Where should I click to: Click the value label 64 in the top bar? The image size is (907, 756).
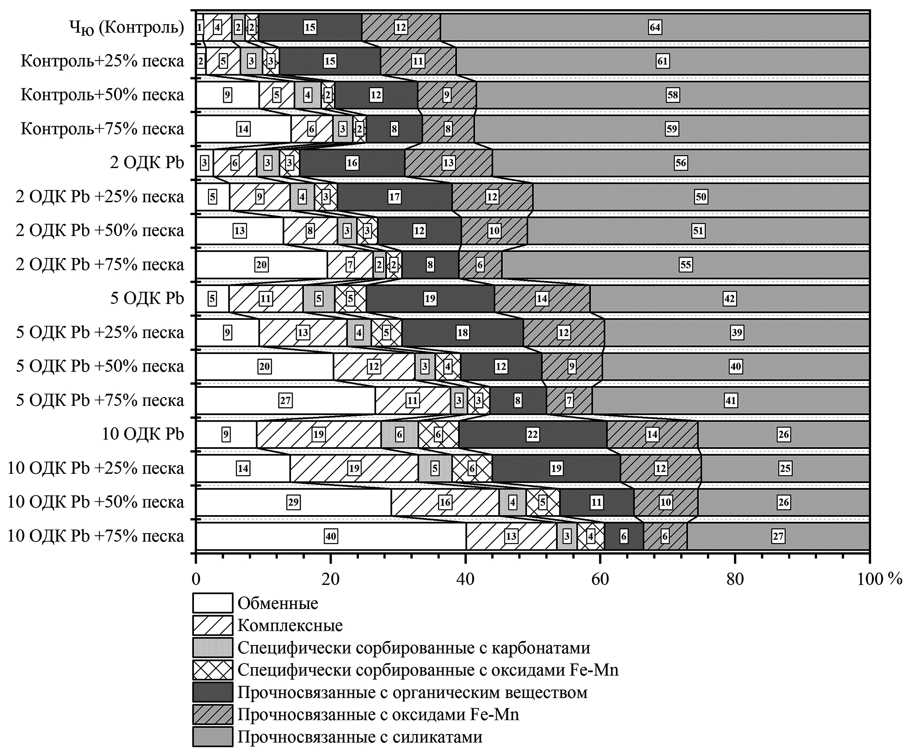(x=655, y=28)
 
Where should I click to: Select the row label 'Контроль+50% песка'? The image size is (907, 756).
(x=102, y=95)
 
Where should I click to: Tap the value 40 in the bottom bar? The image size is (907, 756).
(x=330, y=536)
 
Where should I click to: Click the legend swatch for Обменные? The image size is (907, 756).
(x=212, y=603)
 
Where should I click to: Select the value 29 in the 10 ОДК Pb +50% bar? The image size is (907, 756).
(x=293, y=502)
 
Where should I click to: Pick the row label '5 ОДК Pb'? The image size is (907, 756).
(x=147, y=298)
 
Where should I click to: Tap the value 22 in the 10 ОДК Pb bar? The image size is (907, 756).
(x=532, y=434)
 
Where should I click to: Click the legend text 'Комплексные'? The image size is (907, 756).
(x=290, y=625)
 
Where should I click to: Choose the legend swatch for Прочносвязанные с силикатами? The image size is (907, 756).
(x=212, y=737)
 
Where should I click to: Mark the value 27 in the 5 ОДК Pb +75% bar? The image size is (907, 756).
(x=286, y=400)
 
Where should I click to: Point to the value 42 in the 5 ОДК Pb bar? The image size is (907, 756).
(x=729, y=299)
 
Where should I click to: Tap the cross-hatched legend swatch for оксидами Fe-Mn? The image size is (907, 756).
(x=212, y=670)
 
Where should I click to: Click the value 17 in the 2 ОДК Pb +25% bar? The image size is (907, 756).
(x=394, y=197)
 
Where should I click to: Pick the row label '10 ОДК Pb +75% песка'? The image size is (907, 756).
(x=96, y=536)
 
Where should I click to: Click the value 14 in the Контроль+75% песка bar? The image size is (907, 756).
(x=243, y=129)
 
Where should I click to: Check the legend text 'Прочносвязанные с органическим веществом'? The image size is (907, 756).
(x=412, y=692)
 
